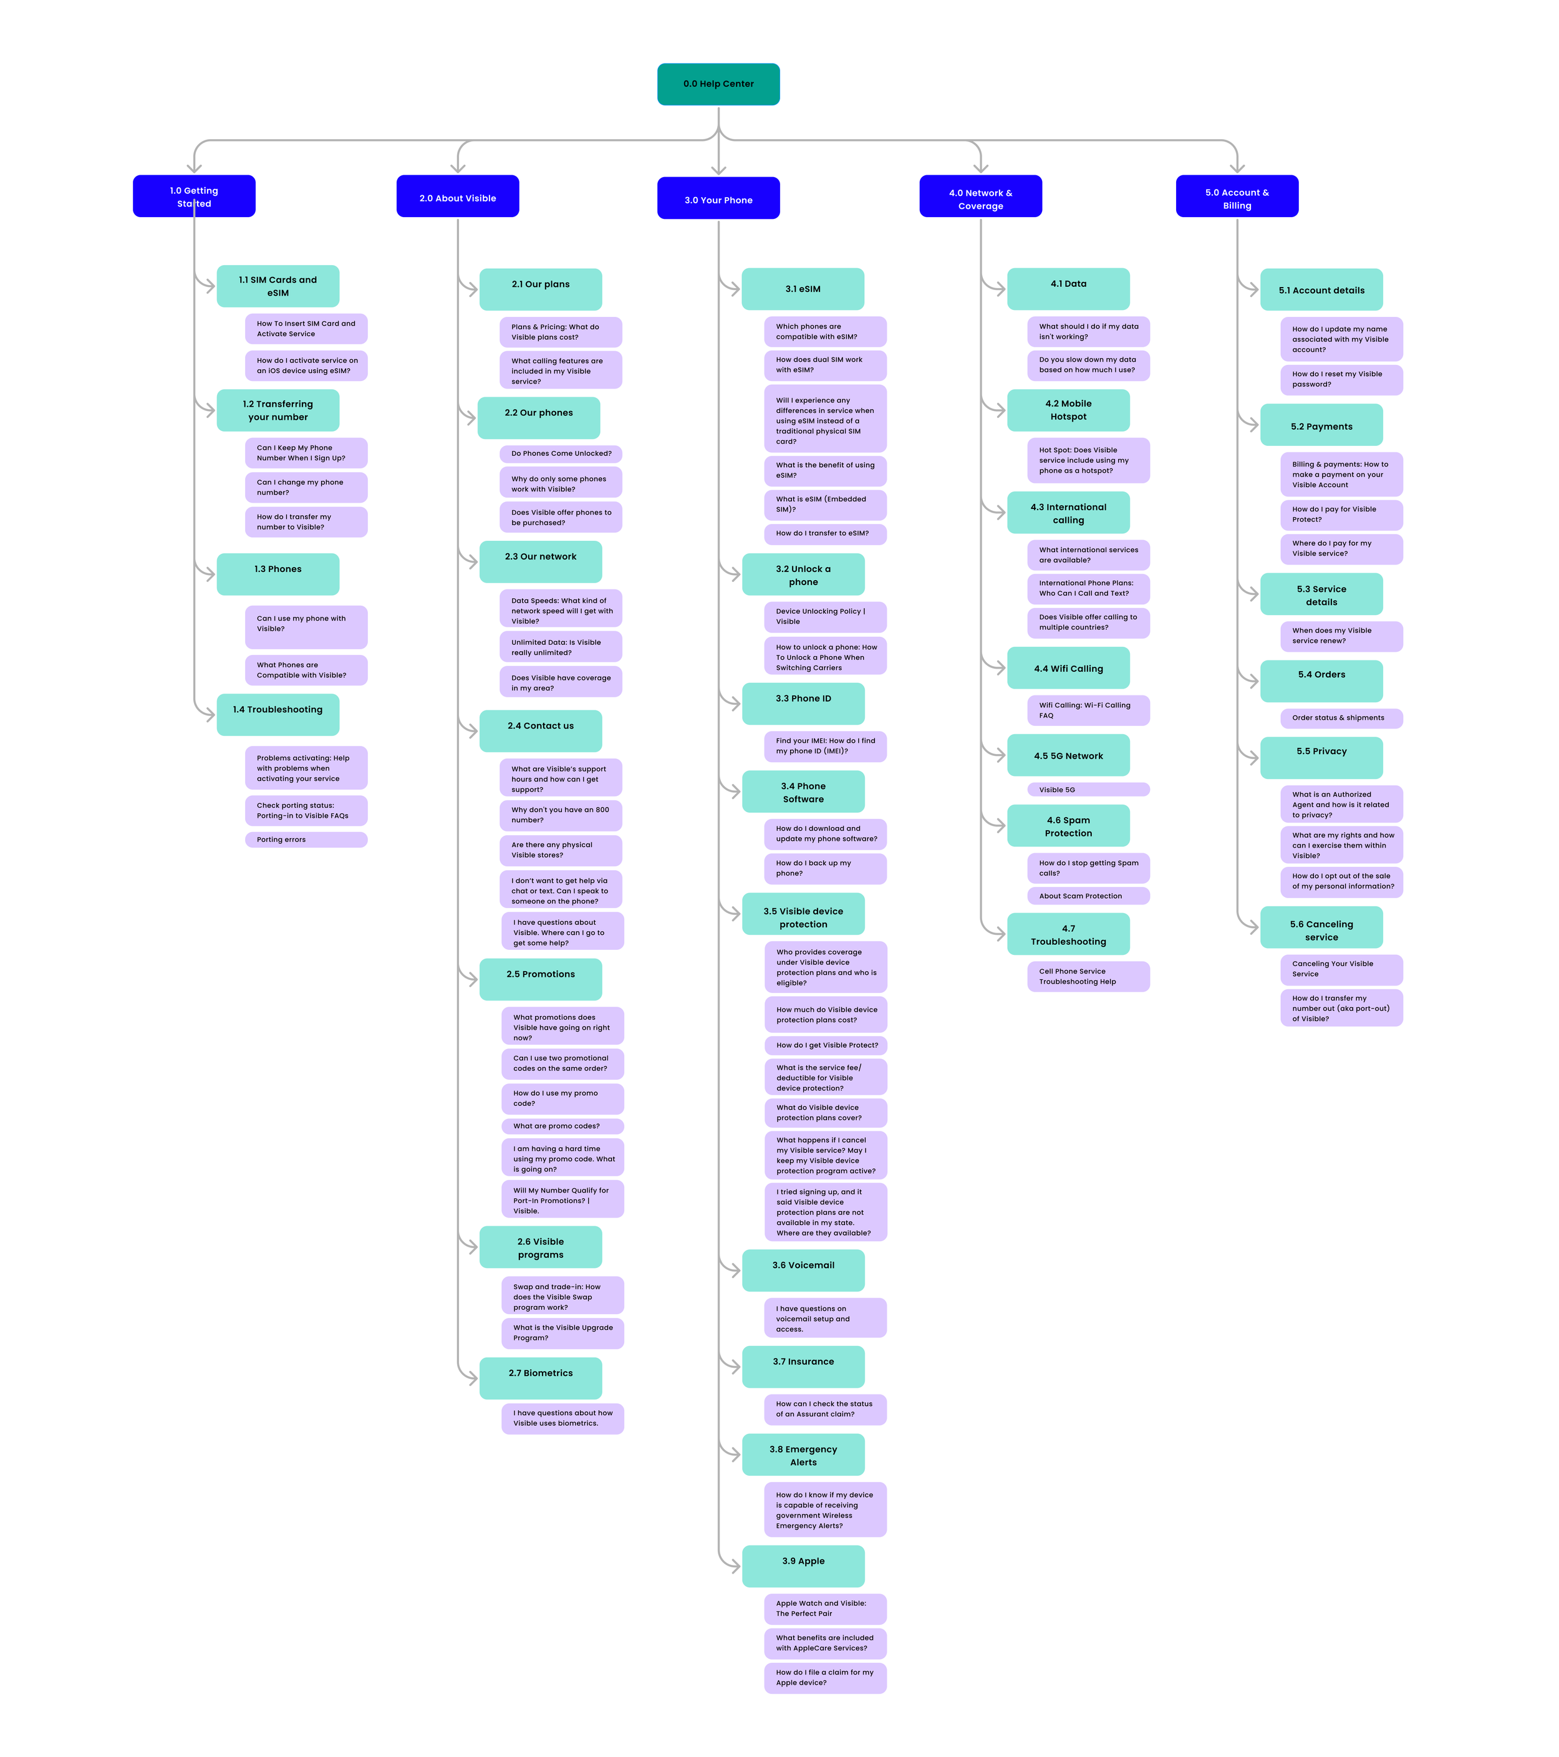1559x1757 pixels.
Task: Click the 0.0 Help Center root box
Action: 718,84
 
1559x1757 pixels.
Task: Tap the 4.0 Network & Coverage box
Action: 980,197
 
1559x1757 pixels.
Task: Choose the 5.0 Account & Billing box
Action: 1236,197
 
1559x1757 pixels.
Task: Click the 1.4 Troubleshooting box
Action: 278,714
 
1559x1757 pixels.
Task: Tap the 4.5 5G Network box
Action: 1068,755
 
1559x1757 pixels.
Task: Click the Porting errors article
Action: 306,840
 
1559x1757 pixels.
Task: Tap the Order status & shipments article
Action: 1341,718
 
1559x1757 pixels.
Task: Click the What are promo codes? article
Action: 562,1126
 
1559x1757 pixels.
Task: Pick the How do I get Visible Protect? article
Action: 825,1045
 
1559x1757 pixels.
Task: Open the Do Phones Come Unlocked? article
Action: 561,453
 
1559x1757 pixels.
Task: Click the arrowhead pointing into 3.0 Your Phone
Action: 718,170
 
